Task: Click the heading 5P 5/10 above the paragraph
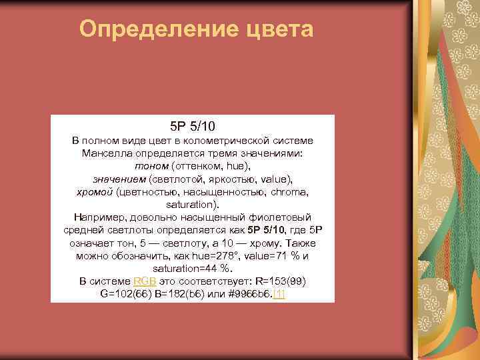coord(193,125)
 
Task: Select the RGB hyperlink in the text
coord(145,281)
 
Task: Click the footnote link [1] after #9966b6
coord(279,294)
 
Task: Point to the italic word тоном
coord(151,167)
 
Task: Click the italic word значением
coord(119,179)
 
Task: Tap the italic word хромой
coord(95,192)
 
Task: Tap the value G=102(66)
coord(127,294)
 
